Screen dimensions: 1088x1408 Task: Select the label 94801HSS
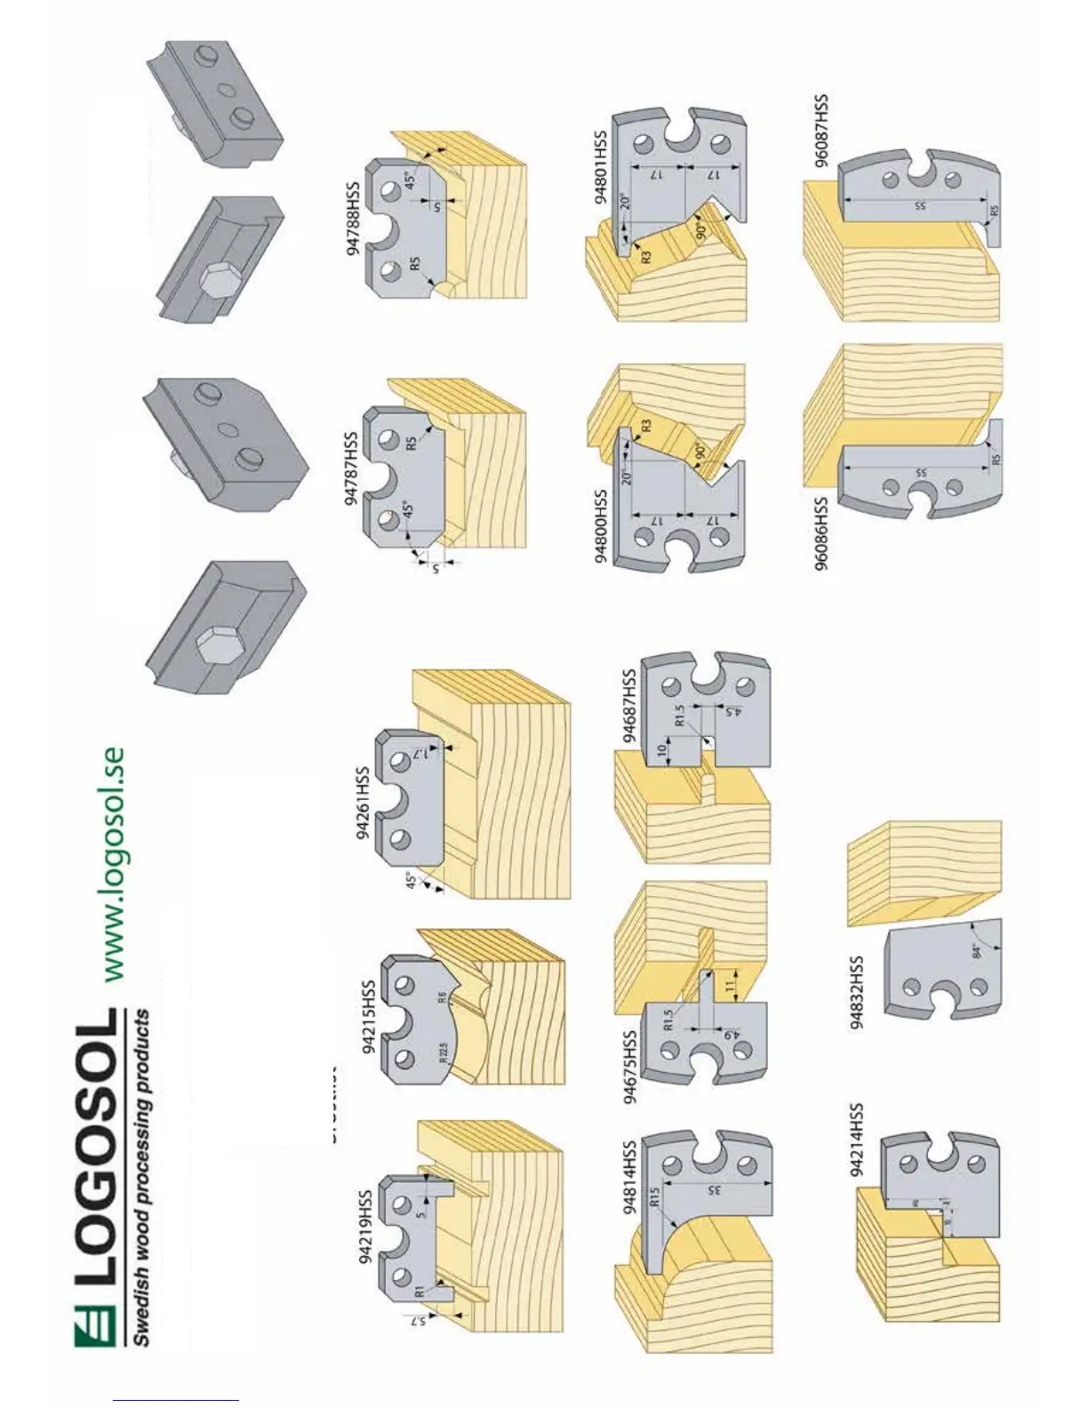[x=602, y=167]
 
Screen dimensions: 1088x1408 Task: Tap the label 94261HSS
[x=363, y=803]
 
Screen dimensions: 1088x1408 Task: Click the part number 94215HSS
[x=369, y=1017]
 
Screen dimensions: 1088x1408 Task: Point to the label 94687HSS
[x=629, y=706]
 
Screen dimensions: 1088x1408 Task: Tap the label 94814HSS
[x=629, y=1177]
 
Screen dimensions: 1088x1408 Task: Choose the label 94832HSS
[x=856, y=992]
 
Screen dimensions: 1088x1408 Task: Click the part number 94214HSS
[x=856, y=1140]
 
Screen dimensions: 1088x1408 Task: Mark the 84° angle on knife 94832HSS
[x=977, y=951]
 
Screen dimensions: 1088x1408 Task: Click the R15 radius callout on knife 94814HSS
[x=655, y=1196]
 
